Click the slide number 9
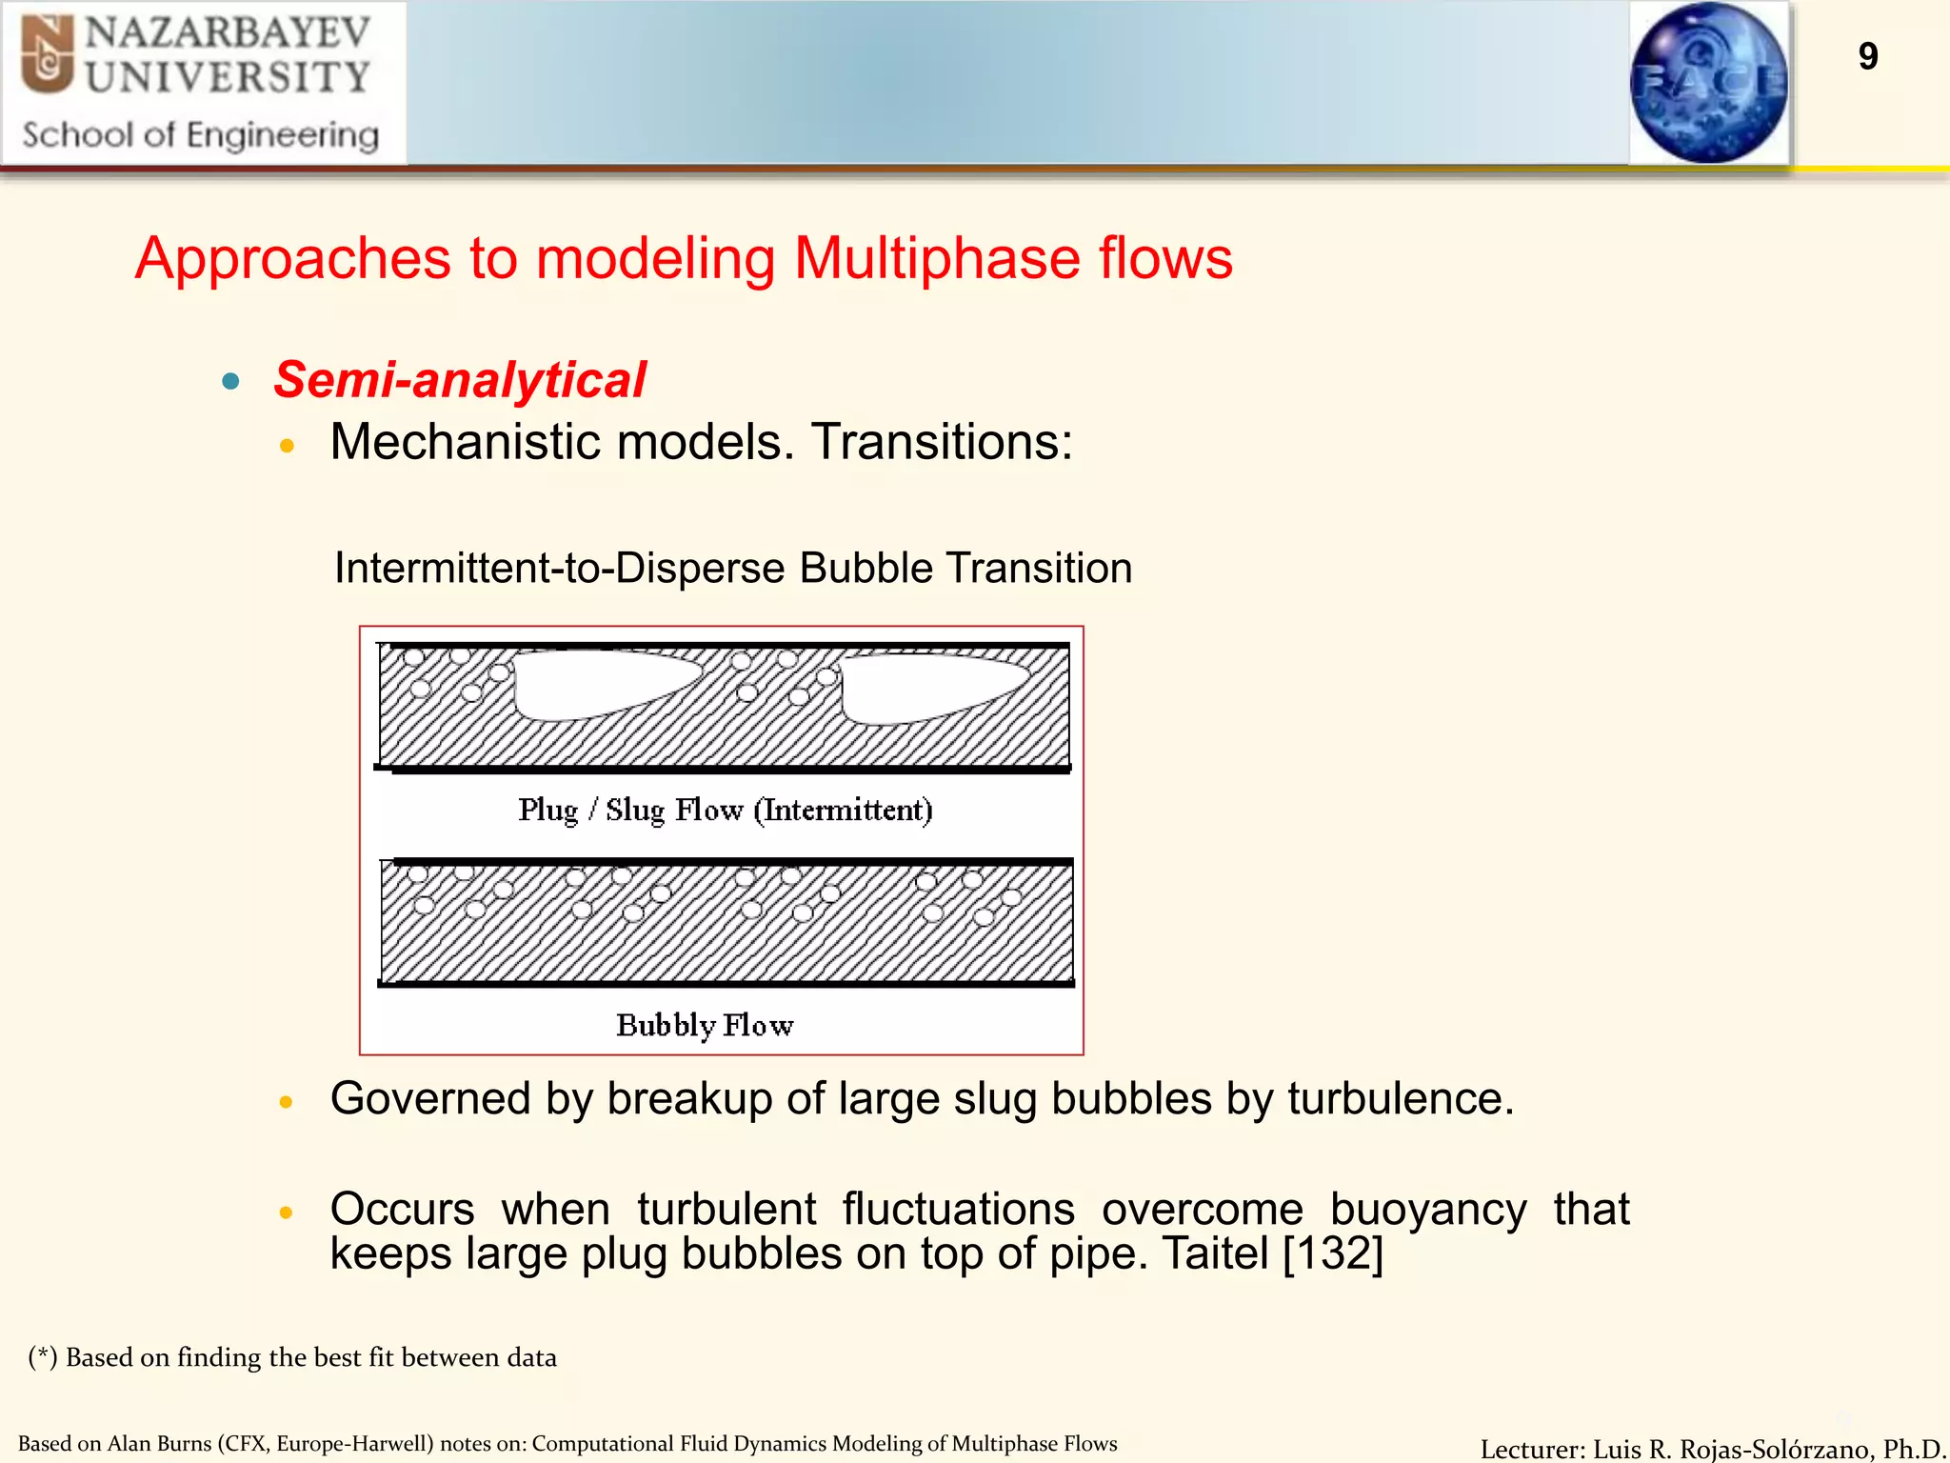click(1867, 57)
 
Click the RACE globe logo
click(1708, 83)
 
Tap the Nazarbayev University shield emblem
click(48, 55)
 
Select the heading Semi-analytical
click(460, 380)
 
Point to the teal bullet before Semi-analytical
click(230, 382)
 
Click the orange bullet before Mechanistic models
click(287, 445)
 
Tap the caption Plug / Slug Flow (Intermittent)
click(725, 811)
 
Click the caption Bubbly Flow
click(705, 1026)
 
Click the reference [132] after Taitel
click(1333, 1253)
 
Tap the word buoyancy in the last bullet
click(1427, 1210)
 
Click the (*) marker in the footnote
click(42, 1357)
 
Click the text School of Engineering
click(200, 135)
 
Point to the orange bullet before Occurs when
click(286, 1212)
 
